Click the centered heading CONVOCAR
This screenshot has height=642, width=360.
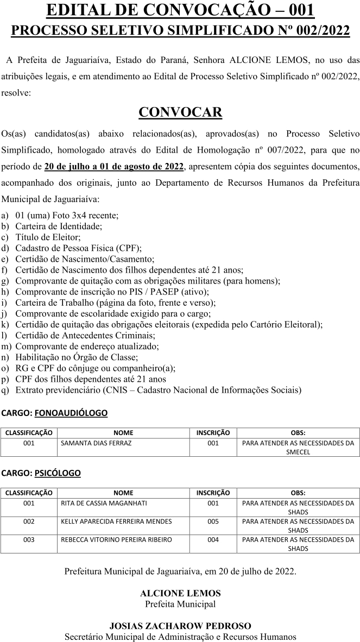click(x=180, y=112)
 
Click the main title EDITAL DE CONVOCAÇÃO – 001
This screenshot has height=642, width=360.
click(x=180, y=10)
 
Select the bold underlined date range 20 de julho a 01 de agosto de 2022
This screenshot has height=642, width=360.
click(x=115, y=166)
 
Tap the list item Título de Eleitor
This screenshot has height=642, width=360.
click(x=48, y=237)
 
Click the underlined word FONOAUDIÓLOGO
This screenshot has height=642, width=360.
click(x=71, y=413)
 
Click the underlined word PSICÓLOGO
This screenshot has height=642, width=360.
click(x=57, y=473)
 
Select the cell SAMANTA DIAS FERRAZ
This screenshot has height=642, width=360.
click(x=97, y=443)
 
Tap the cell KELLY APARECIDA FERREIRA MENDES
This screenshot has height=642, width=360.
click(x=116, y=521)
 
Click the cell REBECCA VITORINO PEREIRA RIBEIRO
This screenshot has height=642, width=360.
click(x=116, y=539)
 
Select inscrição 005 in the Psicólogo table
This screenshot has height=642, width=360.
click(x=213, y=521)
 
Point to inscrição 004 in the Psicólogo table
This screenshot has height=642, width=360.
click(x=213, y=539)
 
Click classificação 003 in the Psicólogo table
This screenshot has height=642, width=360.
click(x=29, y=539)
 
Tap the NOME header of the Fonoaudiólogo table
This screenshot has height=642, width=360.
click(x=123, y=433)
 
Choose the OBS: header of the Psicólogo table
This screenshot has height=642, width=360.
click(x=298, y=493)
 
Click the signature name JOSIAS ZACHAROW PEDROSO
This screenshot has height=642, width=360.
click(x=180, y=626)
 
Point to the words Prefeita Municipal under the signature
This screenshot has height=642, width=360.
click(x=180, y=603)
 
